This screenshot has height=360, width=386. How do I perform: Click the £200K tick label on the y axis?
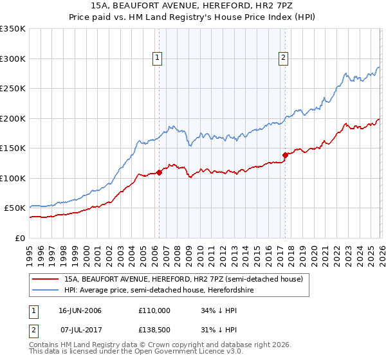click(13, 118)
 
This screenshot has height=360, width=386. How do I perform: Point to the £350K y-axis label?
click(13, 29)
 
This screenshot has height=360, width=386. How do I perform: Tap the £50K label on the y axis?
click(15, 208)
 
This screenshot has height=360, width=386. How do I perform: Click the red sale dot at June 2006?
click(159, 172)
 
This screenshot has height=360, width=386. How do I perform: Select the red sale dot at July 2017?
click(284, 155)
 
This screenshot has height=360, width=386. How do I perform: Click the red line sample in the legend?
click(46, 279)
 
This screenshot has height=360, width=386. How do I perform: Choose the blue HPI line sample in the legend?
click(46, 290)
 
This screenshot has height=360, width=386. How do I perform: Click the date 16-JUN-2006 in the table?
click(80, 310)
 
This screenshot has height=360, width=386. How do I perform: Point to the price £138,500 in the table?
click(154, 330)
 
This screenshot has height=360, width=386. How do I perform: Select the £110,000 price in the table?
click(154, 310)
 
